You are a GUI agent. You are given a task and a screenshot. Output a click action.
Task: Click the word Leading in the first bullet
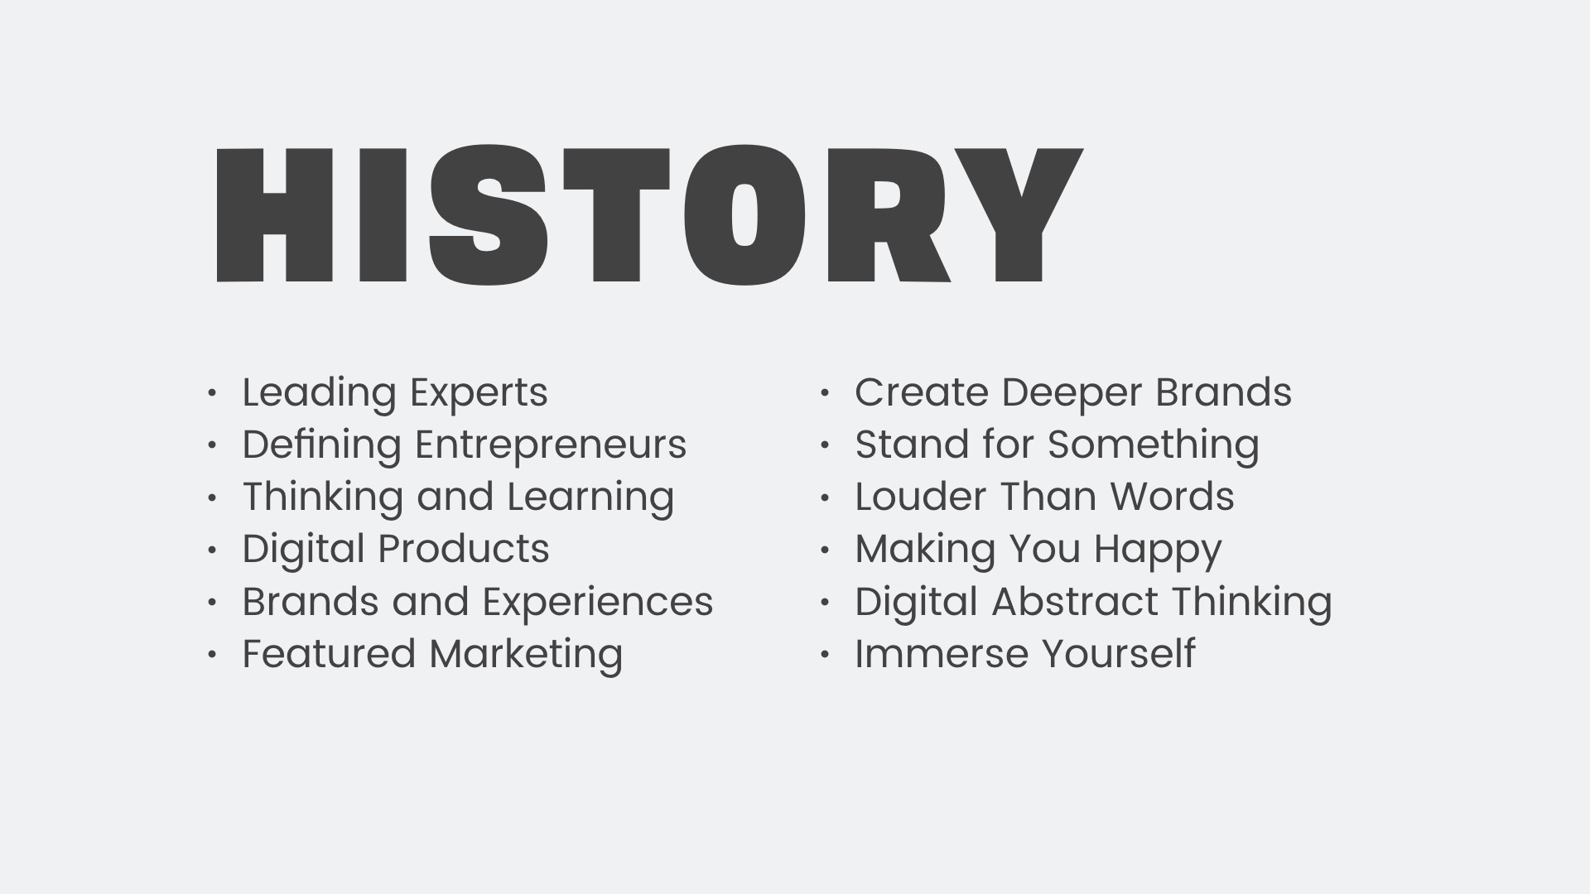(318, 393)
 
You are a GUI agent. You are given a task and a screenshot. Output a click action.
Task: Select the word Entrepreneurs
(551, 445)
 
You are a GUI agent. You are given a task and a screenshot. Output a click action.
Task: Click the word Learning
(590, 497)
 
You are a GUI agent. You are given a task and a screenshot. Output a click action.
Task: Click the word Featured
(329, 654)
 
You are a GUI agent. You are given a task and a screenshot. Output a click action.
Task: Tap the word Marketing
(526, 654)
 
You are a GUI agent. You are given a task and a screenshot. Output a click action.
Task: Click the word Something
(1153, 445)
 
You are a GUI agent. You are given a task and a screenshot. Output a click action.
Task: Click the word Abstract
(1074, 602)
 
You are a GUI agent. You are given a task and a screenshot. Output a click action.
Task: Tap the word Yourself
(1118, 654)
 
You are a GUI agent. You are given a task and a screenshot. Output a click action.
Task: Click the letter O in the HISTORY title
(744, 215)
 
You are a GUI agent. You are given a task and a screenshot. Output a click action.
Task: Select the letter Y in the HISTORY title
(1020, 215)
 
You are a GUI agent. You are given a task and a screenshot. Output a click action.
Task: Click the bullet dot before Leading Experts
(212, 393)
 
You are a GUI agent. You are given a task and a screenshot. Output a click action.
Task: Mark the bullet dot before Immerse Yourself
(825, 655)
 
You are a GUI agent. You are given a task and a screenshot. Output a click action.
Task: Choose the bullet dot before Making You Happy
(825, 550)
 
